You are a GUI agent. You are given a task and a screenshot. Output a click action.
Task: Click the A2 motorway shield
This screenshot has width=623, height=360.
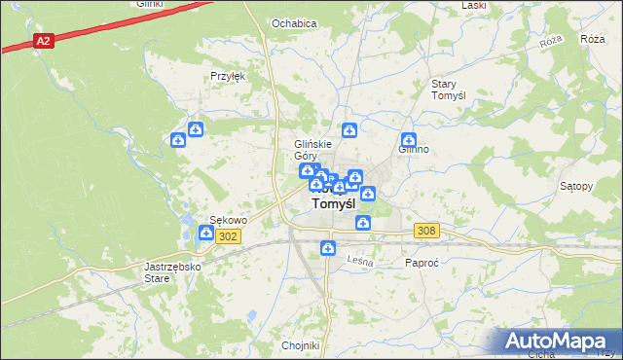43,41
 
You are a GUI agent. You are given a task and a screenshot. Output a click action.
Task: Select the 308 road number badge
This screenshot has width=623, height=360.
426,231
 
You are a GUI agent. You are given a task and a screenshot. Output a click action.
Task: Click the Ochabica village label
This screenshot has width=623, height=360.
295,23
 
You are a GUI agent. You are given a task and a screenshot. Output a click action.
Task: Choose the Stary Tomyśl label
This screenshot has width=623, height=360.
451,90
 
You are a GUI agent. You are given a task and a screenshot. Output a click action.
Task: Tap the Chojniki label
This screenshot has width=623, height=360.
300,345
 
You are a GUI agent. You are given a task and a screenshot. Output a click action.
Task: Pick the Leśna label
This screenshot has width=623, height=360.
360,260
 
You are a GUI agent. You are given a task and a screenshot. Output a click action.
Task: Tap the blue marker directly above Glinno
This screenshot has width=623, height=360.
409,140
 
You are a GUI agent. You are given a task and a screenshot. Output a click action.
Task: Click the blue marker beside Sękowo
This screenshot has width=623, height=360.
206,233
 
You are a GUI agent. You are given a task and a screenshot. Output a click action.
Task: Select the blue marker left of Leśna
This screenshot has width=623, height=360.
328,248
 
